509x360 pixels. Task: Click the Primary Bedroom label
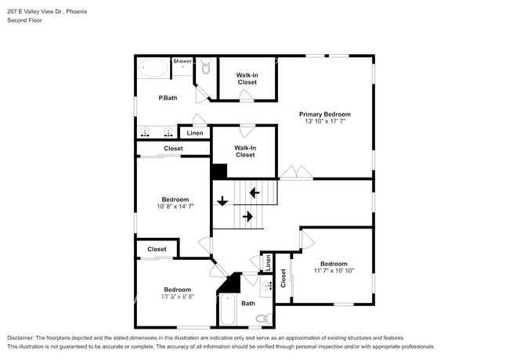click(324, 114)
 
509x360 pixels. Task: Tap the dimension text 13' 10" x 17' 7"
click(324, 122)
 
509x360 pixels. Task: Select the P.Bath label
click(167, 98)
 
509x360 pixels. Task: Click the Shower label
click(182, 61)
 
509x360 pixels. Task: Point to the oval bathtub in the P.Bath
click(154, 69)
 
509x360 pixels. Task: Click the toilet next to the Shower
click(206, 67)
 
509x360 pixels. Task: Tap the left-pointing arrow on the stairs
click(253, 192)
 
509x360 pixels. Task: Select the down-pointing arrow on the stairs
click(222, 201)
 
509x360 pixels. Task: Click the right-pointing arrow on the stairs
click(247, 216)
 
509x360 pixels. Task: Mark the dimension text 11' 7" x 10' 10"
click(334, 271)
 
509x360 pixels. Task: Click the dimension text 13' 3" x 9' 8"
click(177, 297)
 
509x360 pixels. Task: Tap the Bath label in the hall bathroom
click(247, 303)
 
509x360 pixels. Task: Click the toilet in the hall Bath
click(265, 318)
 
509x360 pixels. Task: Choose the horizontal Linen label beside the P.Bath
click(194, 134)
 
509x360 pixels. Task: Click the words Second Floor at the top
click(24, 20)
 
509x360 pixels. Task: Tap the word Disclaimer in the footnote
click(23, 337)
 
